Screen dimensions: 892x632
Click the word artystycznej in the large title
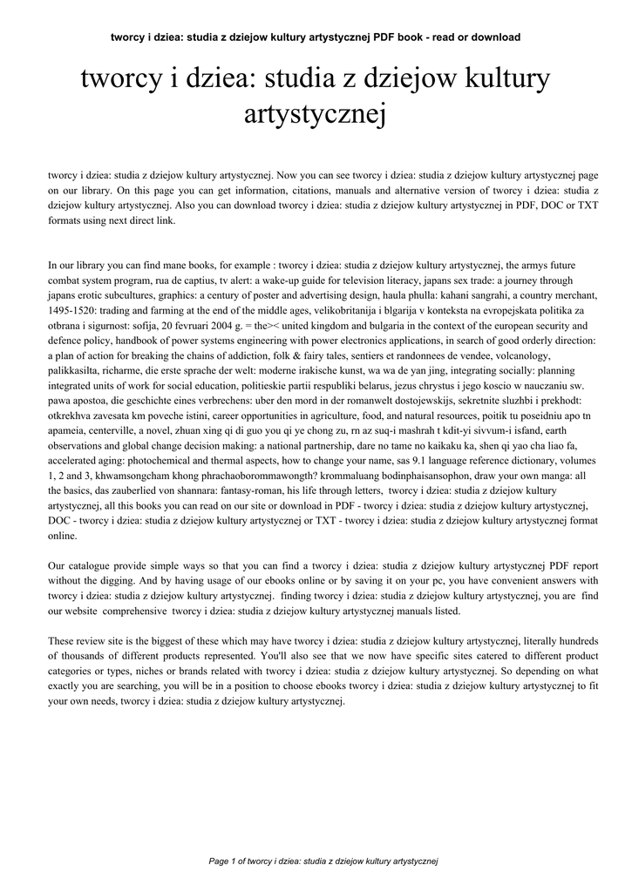(316, 114)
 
